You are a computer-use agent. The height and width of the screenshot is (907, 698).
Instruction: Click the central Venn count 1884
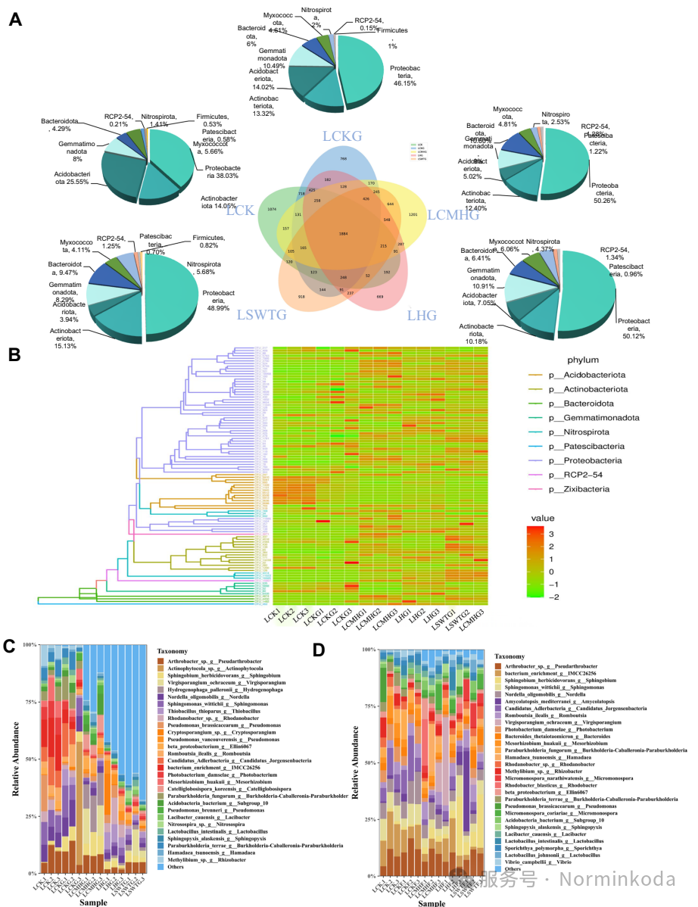click(x=344, y=233)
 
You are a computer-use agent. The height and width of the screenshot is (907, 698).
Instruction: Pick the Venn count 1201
click(x=413, y=214)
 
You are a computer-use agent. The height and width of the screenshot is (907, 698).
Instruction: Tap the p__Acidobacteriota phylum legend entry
click(x=593, y=375)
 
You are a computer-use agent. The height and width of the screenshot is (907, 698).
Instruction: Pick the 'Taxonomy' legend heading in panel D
click(x=514, y=656)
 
